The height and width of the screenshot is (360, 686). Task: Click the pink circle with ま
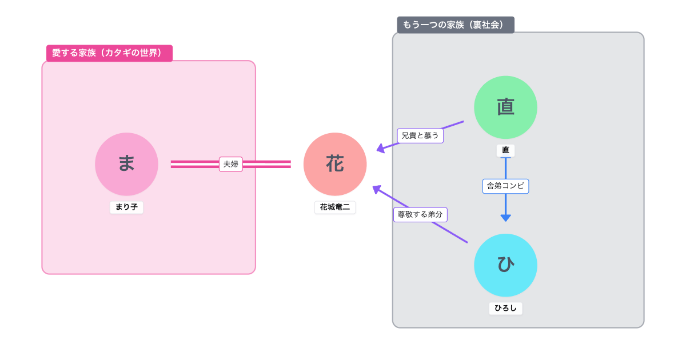click(x=126, y=164)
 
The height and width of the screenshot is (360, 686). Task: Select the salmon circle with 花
click(x=335, y=164)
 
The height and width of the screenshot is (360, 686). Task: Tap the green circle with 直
click(x=505, y=107)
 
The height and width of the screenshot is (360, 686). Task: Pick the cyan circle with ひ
click(x=505, y=265)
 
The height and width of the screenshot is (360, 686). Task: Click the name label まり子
click(x=126, y=207)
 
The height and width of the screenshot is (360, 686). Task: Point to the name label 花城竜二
click(x=335, y=207)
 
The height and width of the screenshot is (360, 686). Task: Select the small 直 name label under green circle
click(x=505, y=150)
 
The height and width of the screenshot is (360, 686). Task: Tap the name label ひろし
click(x=505, y=308)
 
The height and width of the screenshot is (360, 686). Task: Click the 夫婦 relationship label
click(x=231, y=164)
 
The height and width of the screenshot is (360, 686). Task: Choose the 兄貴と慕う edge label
click(x=420, y=135)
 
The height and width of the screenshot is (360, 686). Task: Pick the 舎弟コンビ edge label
click(x=505, y=186)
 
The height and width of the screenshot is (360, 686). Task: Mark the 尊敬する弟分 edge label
click(x=420, y=215)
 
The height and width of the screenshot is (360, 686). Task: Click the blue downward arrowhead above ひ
click(x=505, y=218)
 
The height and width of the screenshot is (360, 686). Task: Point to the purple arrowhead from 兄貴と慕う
click(x=381, y=149)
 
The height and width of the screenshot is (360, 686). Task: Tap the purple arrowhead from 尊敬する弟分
click(x=376, y=189)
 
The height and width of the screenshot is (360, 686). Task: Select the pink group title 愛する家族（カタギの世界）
click(x=109, y=53)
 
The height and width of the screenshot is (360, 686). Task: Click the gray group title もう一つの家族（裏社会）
click(x=456, y=25)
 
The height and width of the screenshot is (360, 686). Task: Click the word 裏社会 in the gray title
click(x=486, y=25)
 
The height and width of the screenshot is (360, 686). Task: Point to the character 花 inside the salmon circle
click(x=335, y=164)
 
